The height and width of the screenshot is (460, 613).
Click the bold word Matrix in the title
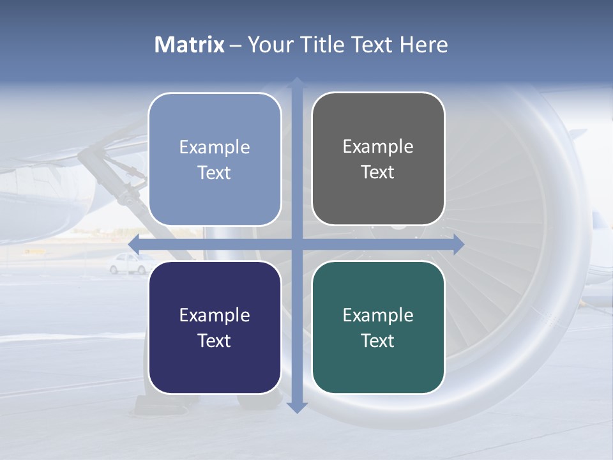pos(190,45)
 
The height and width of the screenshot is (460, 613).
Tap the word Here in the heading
pos(424,45)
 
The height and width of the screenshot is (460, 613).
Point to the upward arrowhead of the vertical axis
pos(297,84)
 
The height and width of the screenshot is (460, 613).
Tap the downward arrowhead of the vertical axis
pos(297,407)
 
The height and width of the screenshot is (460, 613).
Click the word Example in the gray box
pos(378,146)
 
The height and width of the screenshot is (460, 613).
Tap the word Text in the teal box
pos(378,341)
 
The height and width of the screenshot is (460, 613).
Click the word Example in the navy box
pos(215,315)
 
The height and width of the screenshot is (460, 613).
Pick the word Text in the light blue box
pos(215,172)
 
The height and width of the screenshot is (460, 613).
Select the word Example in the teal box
pos(378,315)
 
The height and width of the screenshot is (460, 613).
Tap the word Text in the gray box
pos(378,172)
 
